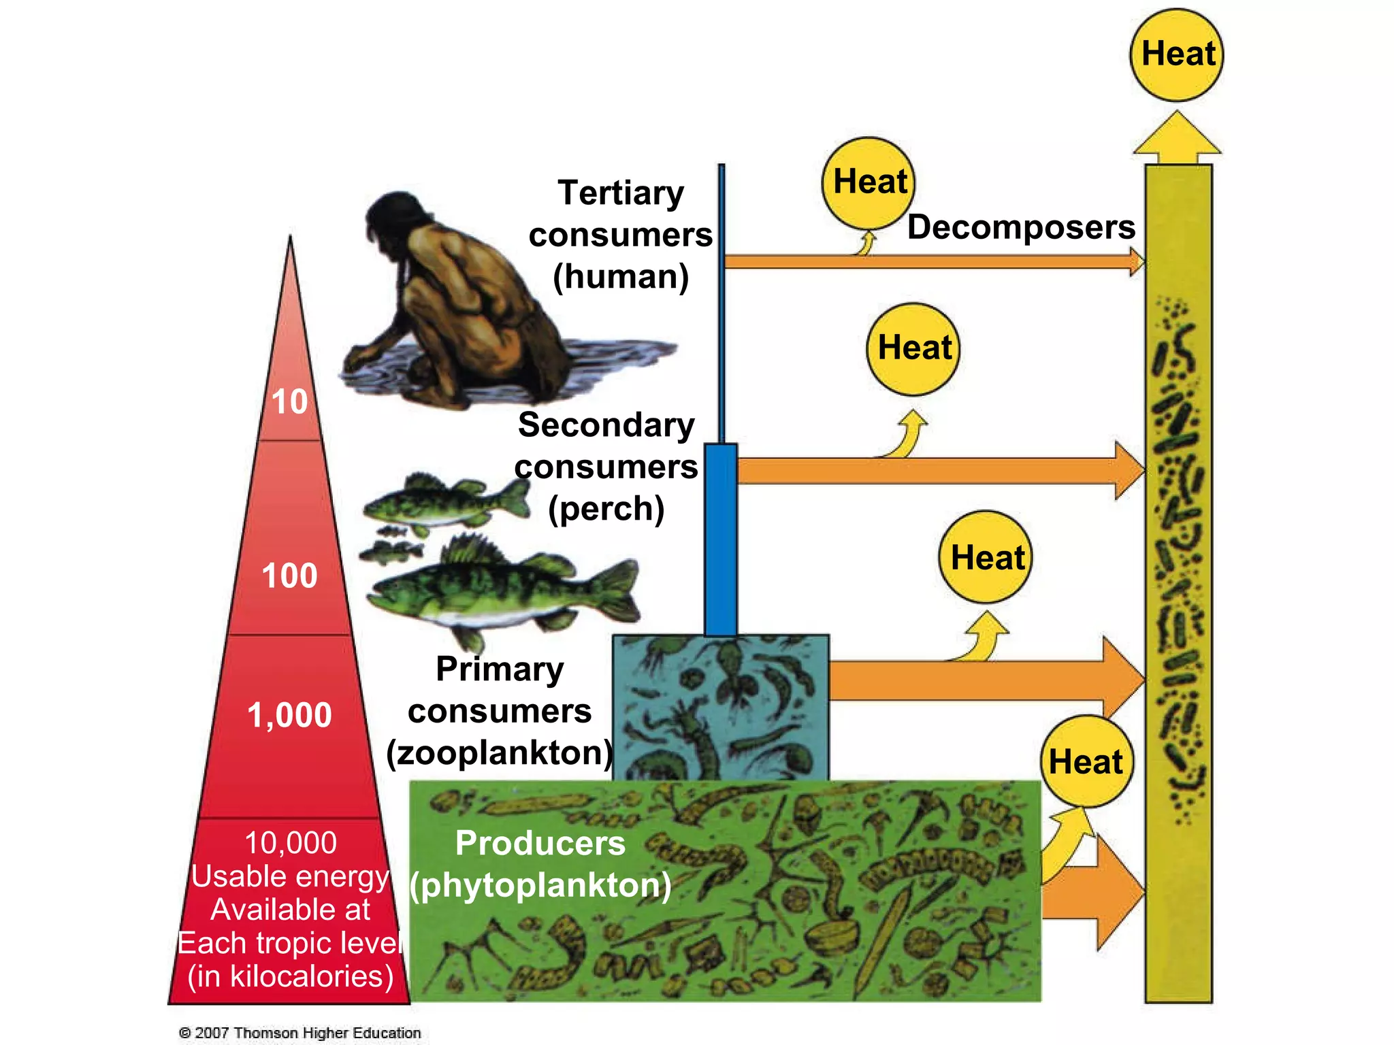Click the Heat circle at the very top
point(1177,54)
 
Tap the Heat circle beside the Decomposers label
point(869,182)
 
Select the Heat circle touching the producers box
point(1086,761)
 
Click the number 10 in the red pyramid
point(290,401)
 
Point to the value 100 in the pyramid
point(290,576)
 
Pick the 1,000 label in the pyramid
point(290,715)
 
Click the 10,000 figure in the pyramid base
point(291,843)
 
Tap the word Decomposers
point(1021,227)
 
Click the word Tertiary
point(621,193)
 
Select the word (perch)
point(606,509)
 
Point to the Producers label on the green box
point(540,843)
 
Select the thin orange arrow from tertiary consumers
point(933,261)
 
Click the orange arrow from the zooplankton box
point(980,680)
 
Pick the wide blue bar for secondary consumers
point(721,537)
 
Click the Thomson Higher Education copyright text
point(300,1033)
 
